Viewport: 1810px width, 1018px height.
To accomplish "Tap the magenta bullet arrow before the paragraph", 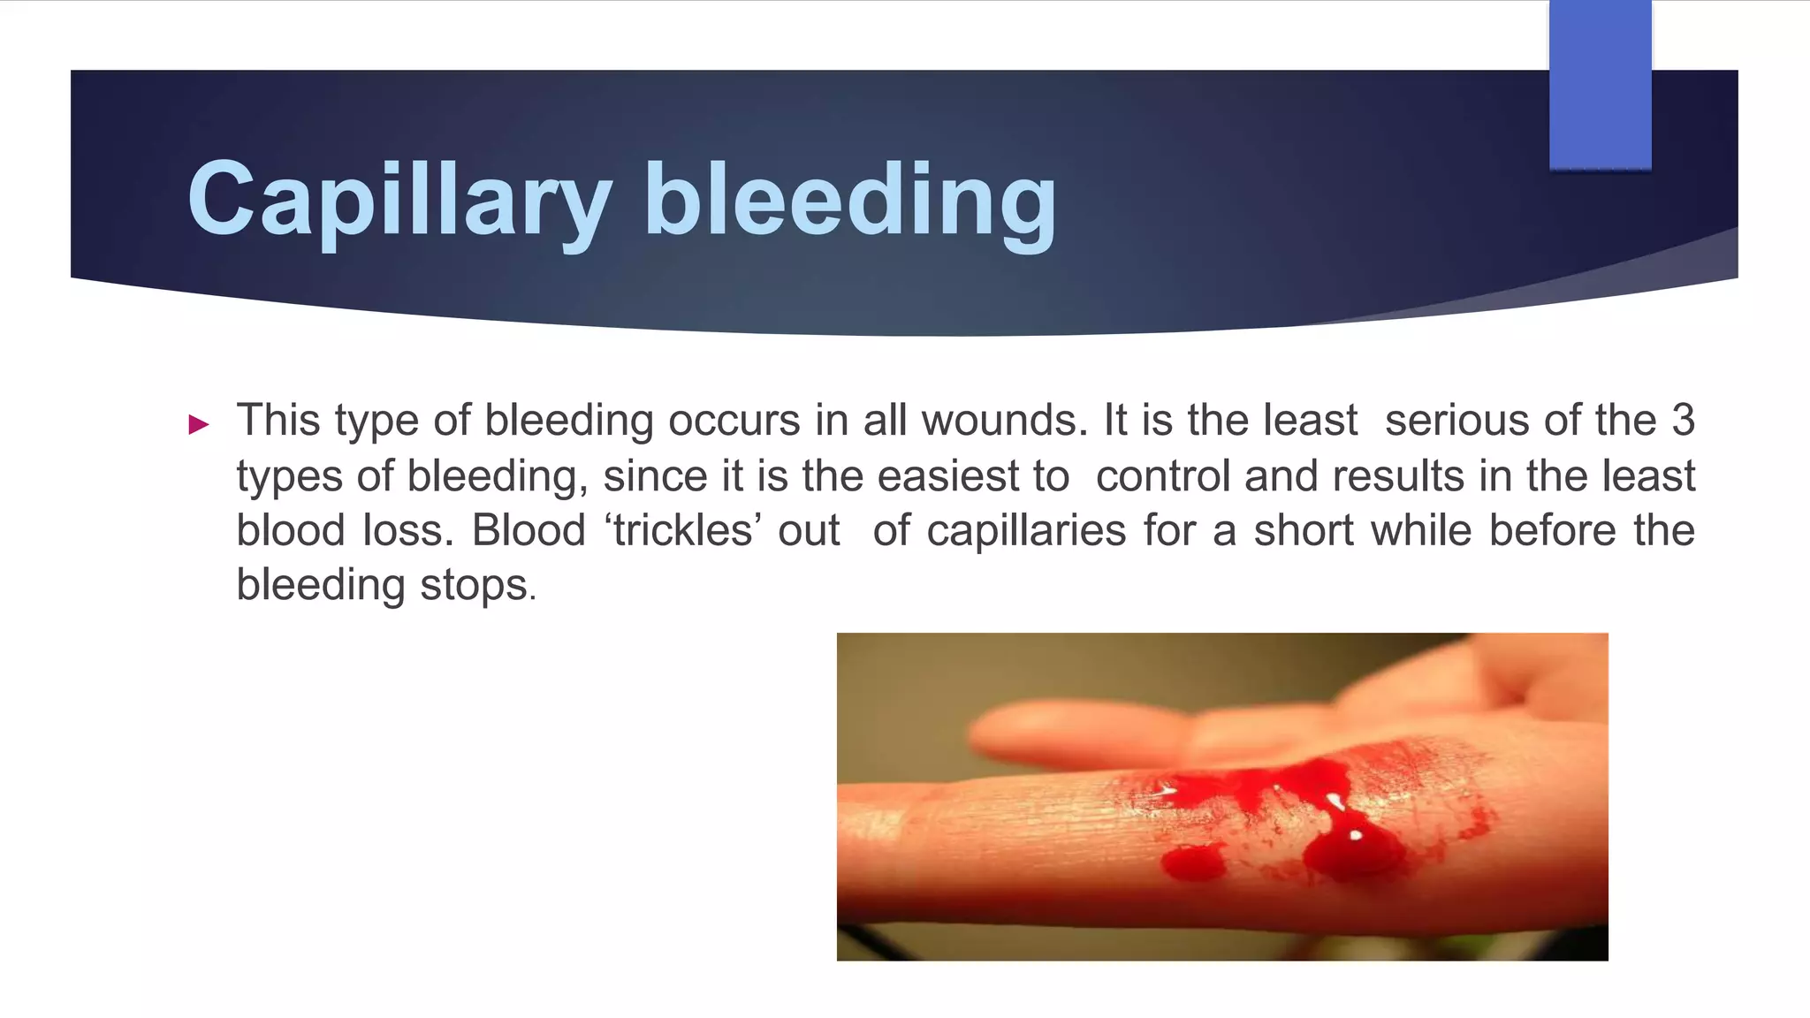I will pos(199,425).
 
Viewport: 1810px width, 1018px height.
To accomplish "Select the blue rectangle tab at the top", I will pos(1600,85).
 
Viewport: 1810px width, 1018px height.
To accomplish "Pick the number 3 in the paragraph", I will pos(1682,420).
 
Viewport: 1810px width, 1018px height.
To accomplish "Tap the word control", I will pos(1162,476).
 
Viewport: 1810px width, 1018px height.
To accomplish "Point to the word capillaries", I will pos(1026,531).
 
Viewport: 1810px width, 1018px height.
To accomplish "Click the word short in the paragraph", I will pos(1303,531).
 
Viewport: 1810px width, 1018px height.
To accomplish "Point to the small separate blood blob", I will pos(1193,862).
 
